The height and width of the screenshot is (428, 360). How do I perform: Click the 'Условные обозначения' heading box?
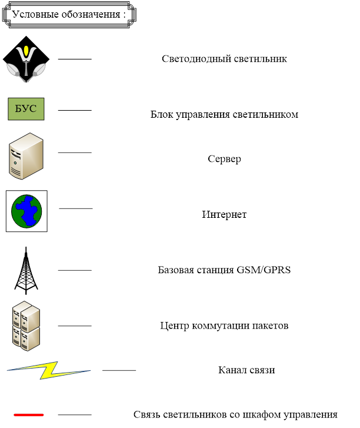[69, 14]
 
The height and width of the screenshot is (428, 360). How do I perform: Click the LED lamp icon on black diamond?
[26, 59]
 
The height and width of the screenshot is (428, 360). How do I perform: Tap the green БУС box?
[26, 109]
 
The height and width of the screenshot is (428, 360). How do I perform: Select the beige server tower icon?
[26, 155]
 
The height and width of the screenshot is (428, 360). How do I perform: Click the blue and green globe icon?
[26, 211]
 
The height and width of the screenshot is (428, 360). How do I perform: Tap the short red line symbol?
[28, 414]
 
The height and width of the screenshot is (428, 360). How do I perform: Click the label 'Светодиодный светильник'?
[224, 59]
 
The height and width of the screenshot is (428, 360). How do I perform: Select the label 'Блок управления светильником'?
[224, 114]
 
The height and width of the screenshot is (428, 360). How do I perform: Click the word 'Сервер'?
[224, 159]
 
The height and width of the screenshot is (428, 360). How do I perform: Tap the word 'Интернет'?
[224, 214]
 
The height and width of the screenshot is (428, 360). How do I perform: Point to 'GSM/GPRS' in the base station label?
[264, 270]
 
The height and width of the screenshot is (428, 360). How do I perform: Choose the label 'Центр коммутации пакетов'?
[224, 326]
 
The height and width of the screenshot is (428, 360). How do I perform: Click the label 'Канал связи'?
[246, 370]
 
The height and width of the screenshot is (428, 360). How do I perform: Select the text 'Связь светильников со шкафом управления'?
[235, 414]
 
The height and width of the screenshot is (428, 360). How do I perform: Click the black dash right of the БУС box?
[75, 110]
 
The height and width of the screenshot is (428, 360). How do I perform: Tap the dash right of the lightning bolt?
[119, 370]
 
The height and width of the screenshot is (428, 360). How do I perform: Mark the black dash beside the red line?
[75, 414]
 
